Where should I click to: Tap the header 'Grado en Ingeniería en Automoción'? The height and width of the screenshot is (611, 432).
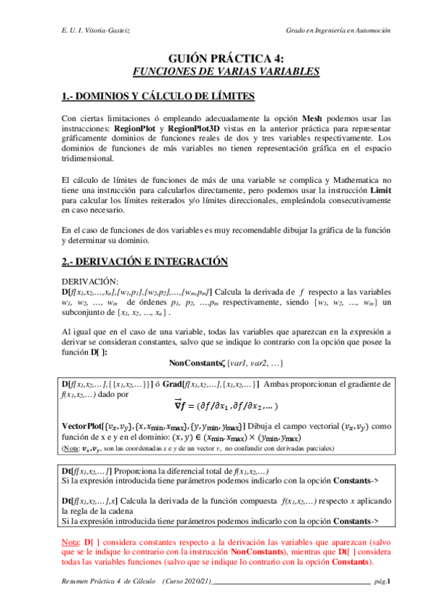(x=338, y=32)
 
